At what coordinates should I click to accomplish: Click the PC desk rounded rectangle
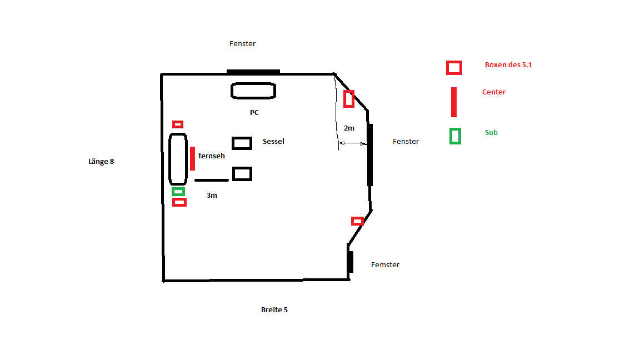coord(253,91)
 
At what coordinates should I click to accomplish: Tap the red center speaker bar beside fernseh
coord(192,158)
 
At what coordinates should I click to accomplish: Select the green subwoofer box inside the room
coord(178,192)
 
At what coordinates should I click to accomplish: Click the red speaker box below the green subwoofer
coord(179,202)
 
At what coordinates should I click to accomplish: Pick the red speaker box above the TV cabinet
coord(178,124)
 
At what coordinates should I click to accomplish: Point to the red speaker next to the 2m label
coord(349,98)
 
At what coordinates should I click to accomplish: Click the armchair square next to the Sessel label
coord(242,143)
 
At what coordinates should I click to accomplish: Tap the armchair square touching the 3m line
coord(242,174)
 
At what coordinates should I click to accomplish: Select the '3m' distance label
coord(212,196)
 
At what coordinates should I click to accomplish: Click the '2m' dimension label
coord(349,128)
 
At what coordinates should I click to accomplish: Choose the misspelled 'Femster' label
coord(385,265)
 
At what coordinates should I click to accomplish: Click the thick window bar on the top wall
coord(253,72)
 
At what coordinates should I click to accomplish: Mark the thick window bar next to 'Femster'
coord(351,262)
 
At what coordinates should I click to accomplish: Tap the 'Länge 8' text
coord(101,162)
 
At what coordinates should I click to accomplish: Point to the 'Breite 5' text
coord(274,310)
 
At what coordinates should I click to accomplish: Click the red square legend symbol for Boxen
coord(454,68)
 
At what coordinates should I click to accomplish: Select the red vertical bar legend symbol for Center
coord(454,102)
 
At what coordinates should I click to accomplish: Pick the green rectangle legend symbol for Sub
coord(455,136)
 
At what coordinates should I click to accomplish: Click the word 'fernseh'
coord(212,156)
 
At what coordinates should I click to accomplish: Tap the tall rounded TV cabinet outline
coord(178,159)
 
